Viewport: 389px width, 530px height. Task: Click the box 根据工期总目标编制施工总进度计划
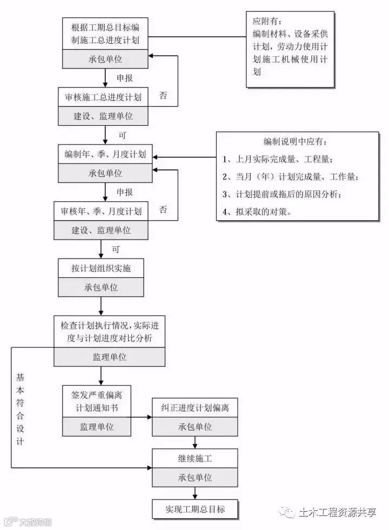pyautogui.click(x=105, y=32)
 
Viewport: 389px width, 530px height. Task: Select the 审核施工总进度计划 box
pyautogui.click(x=103, y=98)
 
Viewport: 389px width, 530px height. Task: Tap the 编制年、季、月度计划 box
pyautogui.click(x=105, y=154)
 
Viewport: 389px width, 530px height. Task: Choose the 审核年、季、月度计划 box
pyautogui.click(x=101, y=211)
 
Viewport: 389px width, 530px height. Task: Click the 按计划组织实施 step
pyautogui.click(x=101, y=268)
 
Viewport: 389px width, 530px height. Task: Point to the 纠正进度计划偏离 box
pyautogui.click(x=195, y=407)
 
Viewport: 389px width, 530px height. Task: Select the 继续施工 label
pyautogui.click(x=195, y=459)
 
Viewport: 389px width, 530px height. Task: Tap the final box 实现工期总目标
pyautogui.click(x=195, y=509)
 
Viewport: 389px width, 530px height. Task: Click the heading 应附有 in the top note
pyautogui.click(x=266, y=22)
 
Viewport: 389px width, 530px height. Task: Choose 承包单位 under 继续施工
pyautogui.click(x=195, y=478)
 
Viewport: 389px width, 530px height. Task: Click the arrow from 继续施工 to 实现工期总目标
pyautogui.click(x=195, y=493)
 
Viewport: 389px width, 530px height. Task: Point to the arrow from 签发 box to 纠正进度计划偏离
pyautogui.click(x=142, y=417)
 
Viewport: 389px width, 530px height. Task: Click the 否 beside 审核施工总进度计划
pyautogui.click(x=163, y=96)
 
